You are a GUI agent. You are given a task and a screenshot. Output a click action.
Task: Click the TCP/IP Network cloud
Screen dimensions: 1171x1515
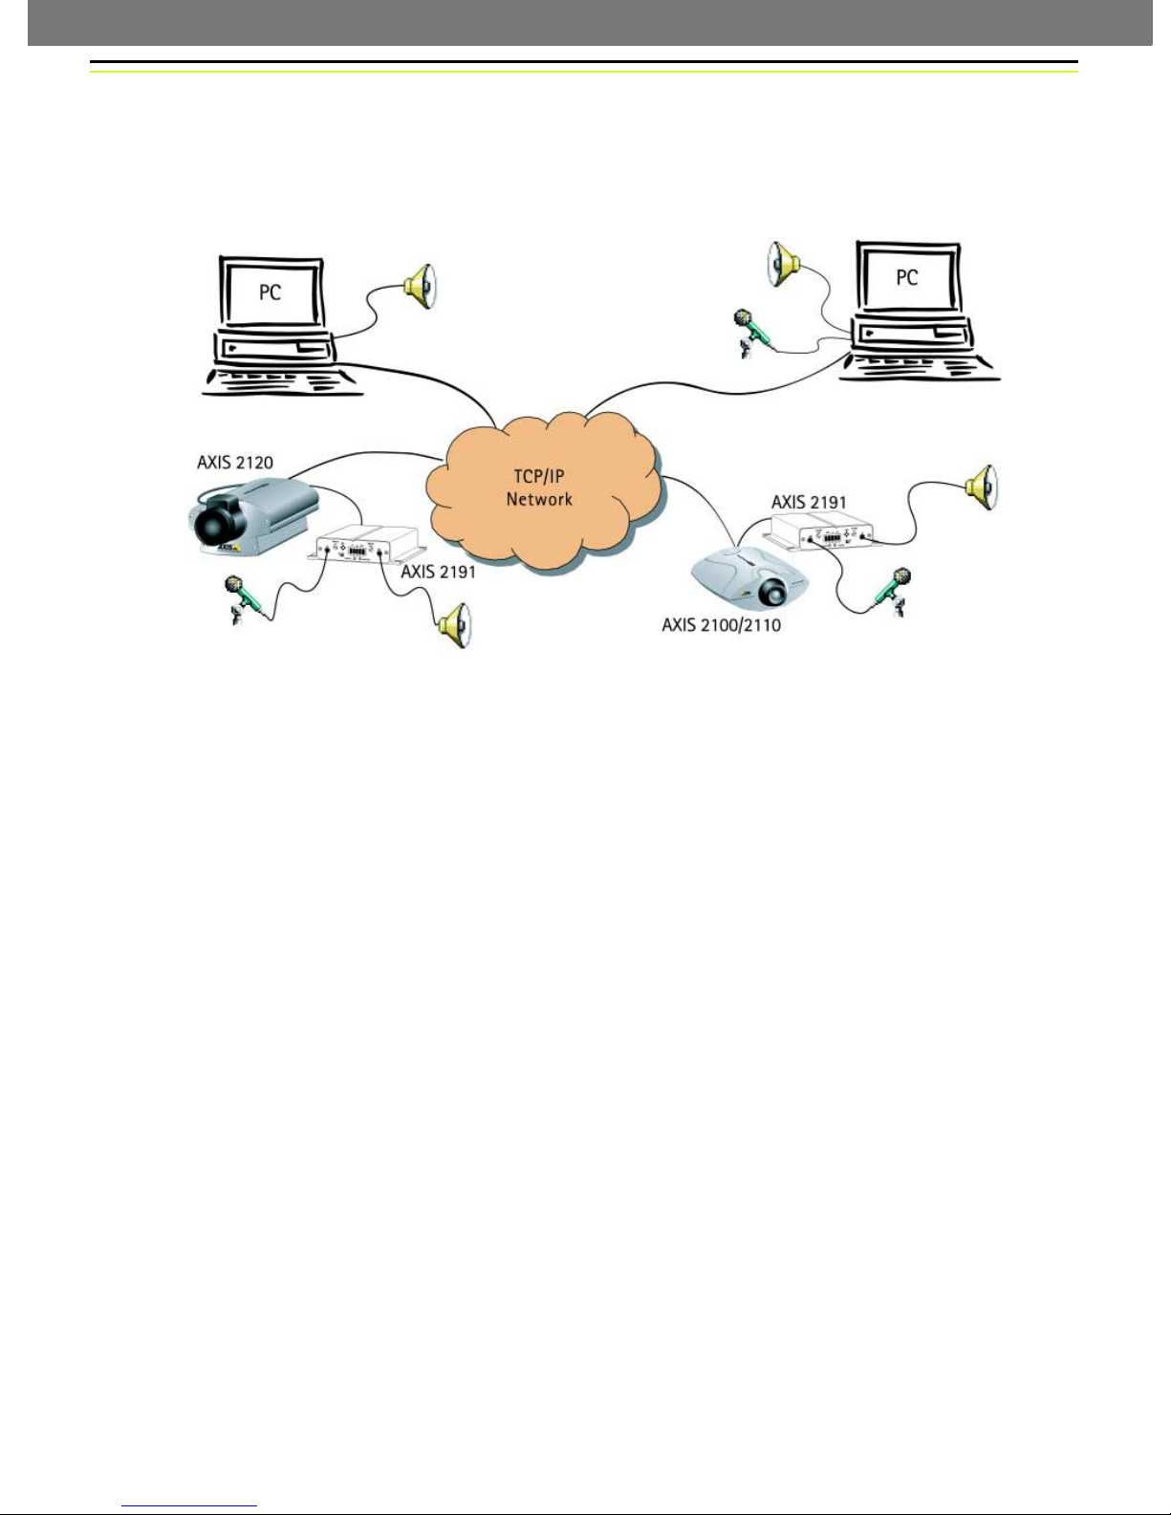tap(540, 487)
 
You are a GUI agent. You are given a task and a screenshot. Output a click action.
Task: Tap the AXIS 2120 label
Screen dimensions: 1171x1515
tap(235, 463)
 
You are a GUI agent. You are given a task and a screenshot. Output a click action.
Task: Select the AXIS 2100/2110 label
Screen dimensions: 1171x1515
tap(721, 626)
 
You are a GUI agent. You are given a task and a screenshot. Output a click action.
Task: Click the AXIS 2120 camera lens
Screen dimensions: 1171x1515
tap(211, 526)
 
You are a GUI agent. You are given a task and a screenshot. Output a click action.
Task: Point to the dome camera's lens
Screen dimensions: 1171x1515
tap(771, 593)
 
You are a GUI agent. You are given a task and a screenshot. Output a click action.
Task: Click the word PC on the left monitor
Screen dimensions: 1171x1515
tap(271, 291)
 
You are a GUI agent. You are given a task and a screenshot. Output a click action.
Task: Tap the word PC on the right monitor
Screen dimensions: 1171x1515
tap(906, 277)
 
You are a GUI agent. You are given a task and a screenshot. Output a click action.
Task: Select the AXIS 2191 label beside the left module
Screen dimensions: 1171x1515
tap(438, 572)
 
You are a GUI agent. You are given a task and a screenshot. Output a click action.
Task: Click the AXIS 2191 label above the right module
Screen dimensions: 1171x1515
tap(809, 502)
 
